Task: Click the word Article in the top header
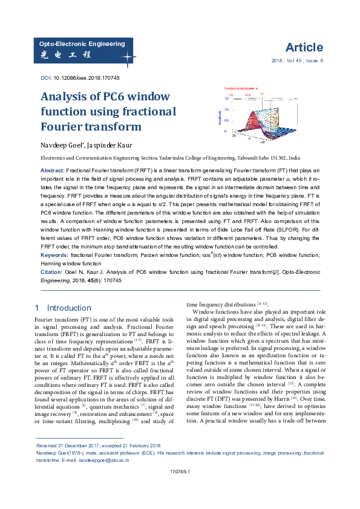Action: point(304,48)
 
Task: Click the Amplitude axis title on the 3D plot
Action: point(220,117)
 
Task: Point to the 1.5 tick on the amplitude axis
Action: point(226,98)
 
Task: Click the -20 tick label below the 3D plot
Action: point(262,143)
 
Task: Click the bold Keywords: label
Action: point(54,256)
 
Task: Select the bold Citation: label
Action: point(53,273)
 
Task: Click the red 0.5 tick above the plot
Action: point(247,95)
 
